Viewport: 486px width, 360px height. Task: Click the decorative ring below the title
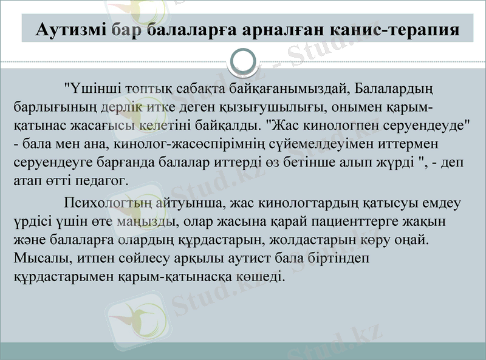245,61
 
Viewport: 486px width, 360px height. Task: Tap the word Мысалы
38,258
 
